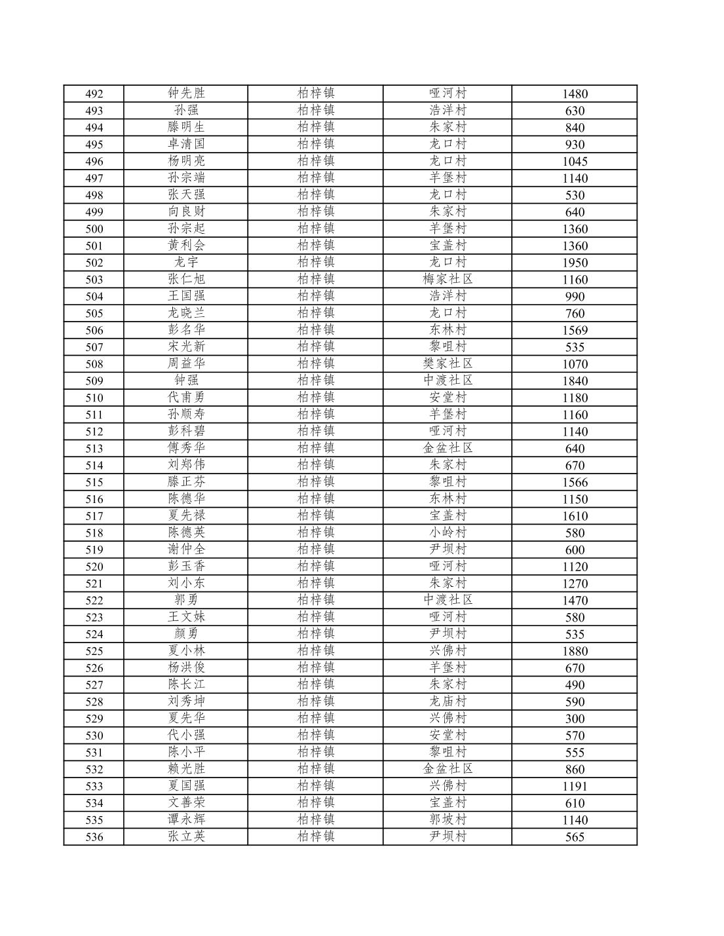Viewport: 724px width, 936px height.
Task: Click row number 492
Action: [94, 94]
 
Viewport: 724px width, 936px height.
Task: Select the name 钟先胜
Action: [186, 94]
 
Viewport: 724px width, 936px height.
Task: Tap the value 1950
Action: [575, 263]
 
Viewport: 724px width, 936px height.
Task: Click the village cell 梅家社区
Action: [448, 280]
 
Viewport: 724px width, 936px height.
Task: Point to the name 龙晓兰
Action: [186, 313]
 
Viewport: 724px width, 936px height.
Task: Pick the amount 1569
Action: [575, 330]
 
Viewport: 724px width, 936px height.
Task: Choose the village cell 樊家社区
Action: [448, 364]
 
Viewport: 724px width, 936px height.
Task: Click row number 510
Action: [94, 398]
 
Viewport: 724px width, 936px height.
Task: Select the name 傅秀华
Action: [186, 449]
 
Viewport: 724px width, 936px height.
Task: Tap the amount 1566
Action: [575, 482]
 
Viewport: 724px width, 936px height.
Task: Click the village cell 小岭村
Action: [448, 533]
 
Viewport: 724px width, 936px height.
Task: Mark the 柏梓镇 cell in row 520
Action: [316, 567]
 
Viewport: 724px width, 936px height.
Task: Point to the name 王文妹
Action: [186, 617]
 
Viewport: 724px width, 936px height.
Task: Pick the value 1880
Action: [575, 651]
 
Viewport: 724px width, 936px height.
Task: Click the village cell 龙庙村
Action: [448, 702]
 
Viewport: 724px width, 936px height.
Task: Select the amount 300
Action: [575, 719]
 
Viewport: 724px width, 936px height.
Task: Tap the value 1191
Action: [575, 786]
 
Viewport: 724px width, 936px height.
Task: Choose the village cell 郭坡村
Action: [448, 820]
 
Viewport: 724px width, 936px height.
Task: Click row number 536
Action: [94, 837]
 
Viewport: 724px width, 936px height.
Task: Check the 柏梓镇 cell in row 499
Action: [316, 212]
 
